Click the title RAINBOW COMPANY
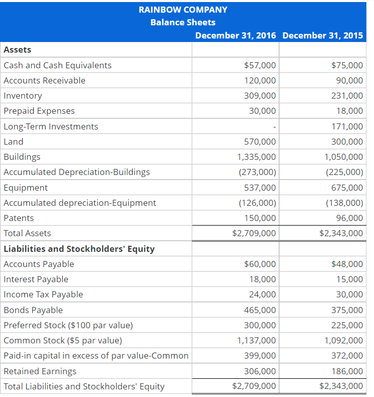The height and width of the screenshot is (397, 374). click(x=183, y=10)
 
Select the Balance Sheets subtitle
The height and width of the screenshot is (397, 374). click(x=183, y=22)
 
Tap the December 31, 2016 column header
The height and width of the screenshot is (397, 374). click(x=235, y=35)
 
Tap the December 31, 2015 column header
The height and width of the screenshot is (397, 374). click(x=323, y=35)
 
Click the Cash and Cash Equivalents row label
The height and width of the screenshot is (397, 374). click(x=58, y=65)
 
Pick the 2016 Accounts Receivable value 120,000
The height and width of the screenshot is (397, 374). click(x=260, y=80)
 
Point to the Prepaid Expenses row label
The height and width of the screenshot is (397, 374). click(x=39, y=111)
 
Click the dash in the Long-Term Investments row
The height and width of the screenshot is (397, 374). click(x=274, y=127)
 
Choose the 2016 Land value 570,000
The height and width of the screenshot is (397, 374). click(x=260, y=142)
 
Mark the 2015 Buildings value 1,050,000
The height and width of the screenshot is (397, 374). click(x=343, y=157)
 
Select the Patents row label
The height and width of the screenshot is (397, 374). click(x=19, y=218)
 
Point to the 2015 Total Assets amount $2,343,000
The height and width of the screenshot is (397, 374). click(x=341, y=233)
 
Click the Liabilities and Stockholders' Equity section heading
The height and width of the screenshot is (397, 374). click(x=79, y=249)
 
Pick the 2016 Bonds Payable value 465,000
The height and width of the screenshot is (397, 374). click(x=260, y=310)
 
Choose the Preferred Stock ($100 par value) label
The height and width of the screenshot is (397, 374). click(x=68, y=325)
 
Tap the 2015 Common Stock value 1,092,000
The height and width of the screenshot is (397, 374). click(x=343, y=340)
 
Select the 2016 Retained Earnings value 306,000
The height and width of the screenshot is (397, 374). click(x=260, y=371)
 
